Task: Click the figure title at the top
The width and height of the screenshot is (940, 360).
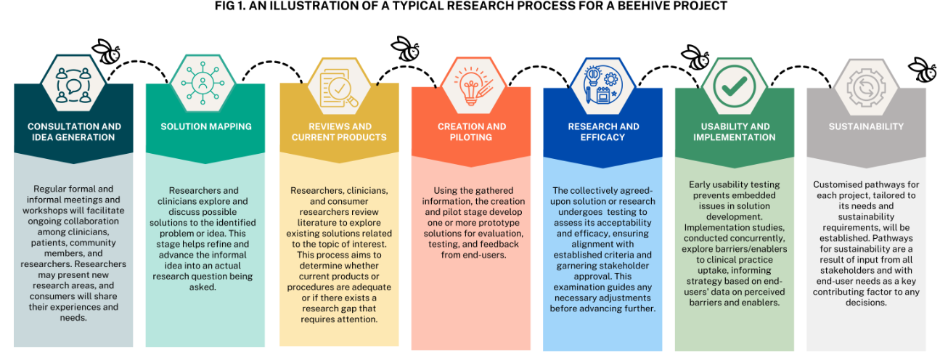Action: click(x=470, y=7)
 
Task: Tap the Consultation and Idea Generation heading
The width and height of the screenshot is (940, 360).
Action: click(x=74, y=131)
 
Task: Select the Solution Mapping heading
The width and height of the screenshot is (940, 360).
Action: click(x=206, y=126)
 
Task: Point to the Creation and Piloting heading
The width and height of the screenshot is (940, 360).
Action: click(x=471, y=131)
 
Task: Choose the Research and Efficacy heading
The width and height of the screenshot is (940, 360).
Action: click(x=603, y=131)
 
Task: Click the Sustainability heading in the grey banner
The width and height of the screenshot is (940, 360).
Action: click(x=866, y=126)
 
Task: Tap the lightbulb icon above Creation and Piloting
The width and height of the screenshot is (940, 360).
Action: click(x=471, y=86)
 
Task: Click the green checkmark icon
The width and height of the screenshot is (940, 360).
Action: click(x=734, y=86)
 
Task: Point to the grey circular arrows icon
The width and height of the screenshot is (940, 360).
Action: click(x=866, y=86)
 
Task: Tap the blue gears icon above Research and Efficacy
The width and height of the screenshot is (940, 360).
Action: click(x=603, y=86)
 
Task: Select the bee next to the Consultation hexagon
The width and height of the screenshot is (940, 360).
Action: click(x=106, y=52)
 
